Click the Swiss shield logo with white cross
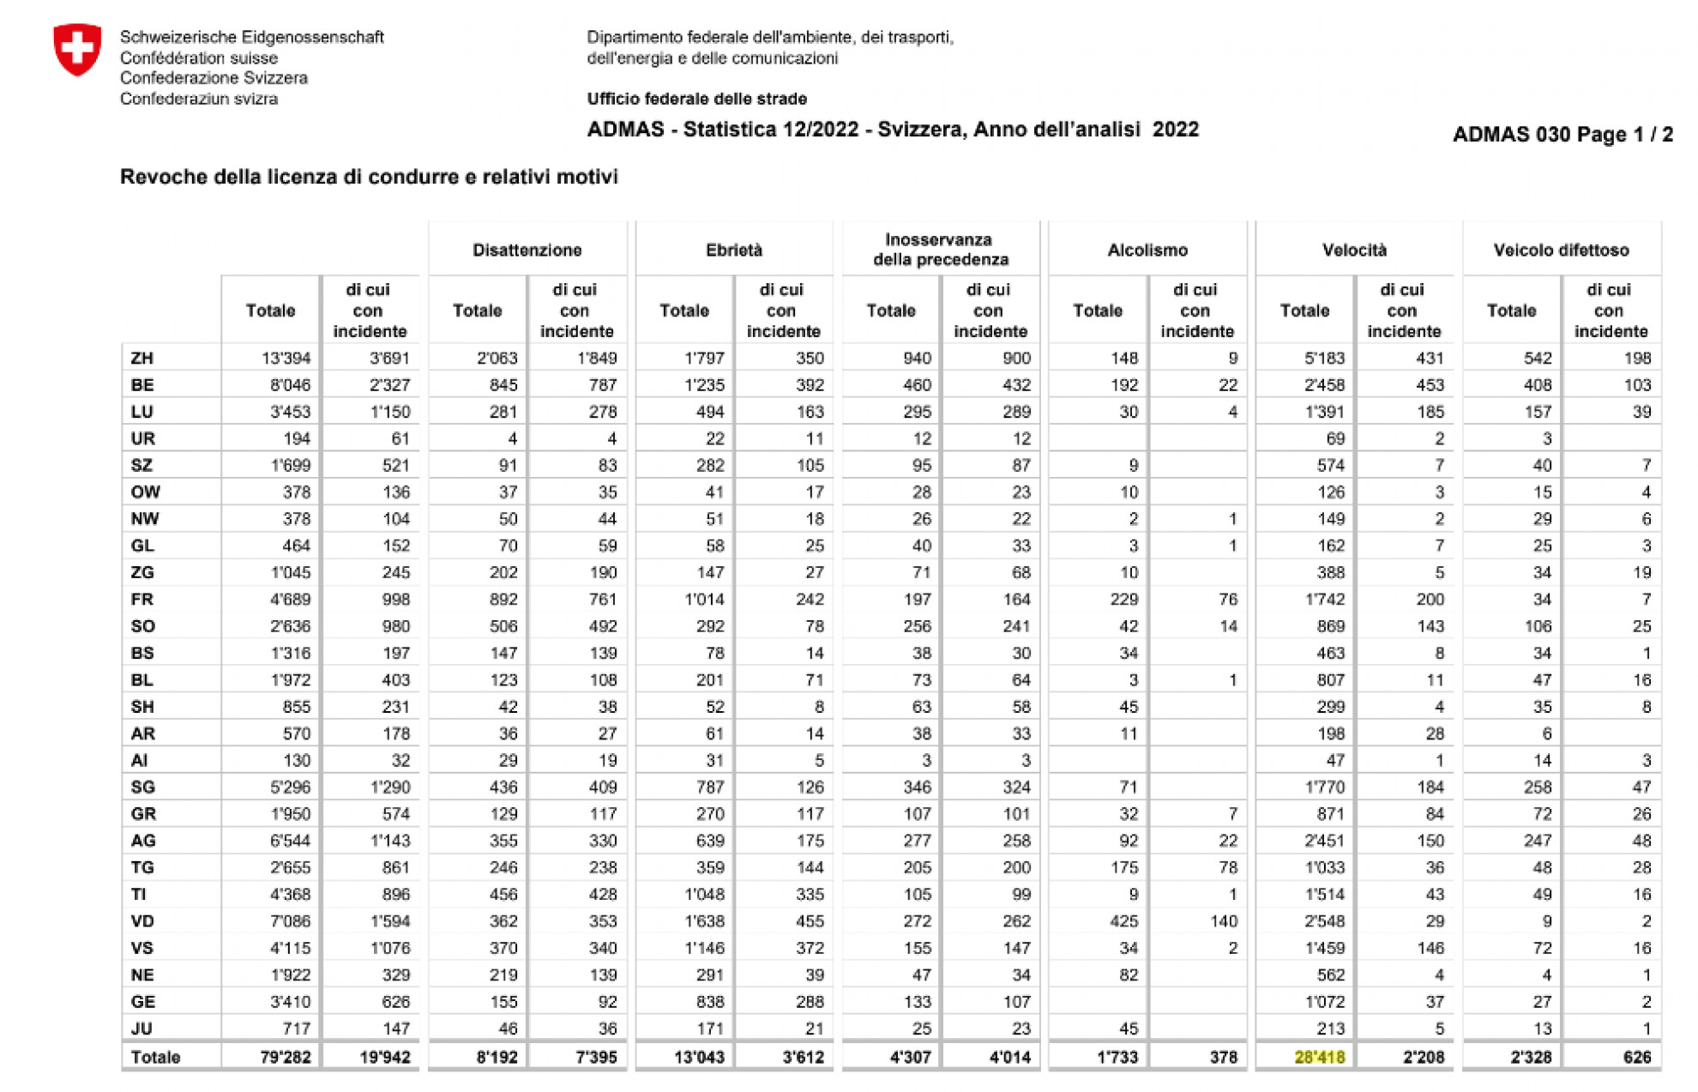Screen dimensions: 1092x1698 coord(77,50)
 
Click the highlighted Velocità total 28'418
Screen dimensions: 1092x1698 coord(1319,1057)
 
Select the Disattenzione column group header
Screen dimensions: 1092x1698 coord(527,250)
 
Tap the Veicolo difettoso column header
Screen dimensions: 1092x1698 coord(1561,250)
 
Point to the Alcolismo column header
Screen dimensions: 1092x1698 coord(1147,250)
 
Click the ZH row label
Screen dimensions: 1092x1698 coord(141,358)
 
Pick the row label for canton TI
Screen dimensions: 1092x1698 coord(139,894)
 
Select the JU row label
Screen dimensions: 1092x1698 coord(141,1028)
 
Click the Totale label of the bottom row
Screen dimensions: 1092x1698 coord(155,1057)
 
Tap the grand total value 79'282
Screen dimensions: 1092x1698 coord(285,1057)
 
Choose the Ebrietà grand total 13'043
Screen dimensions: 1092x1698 coord(699,1057)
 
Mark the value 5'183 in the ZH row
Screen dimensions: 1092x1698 coord(1324,358)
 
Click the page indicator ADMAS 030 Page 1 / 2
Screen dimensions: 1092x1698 coord(1562,135)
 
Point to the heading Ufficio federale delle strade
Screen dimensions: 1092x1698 coord(696,99)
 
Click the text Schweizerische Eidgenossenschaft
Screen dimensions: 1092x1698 coord(251,37)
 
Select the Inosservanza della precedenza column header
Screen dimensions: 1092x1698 coord(940,250)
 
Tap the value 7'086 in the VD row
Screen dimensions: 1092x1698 coord(290,920)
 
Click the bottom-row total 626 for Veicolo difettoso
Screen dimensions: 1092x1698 coord(1636,1057)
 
